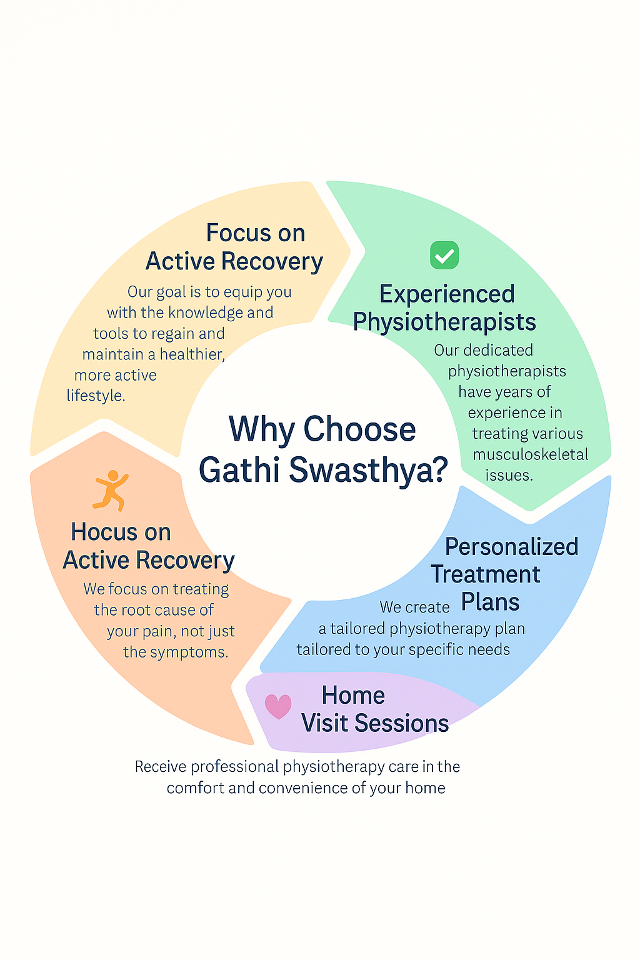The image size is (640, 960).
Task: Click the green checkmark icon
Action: pos(444,255)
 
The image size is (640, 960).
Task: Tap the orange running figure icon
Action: pos(111,490)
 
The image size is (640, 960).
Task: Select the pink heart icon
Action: pos(278,706)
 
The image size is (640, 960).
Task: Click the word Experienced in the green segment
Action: pos(447,294)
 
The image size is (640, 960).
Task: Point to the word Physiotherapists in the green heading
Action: pos(444,322)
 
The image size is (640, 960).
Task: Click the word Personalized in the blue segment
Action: pos(511,547)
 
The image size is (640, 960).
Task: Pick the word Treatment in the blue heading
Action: pos(486,574)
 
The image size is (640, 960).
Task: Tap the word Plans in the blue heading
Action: pos(491,602)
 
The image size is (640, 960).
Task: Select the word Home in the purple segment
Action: pos(353,695)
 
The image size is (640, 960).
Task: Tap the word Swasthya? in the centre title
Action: pos(369,470)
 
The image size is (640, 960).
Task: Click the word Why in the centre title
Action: pos(261,429)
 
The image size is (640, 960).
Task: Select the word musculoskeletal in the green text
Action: pos(531,454)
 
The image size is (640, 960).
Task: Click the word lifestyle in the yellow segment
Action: pos(95,396)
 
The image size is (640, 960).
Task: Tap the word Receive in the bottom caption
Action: pos(161,767)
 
